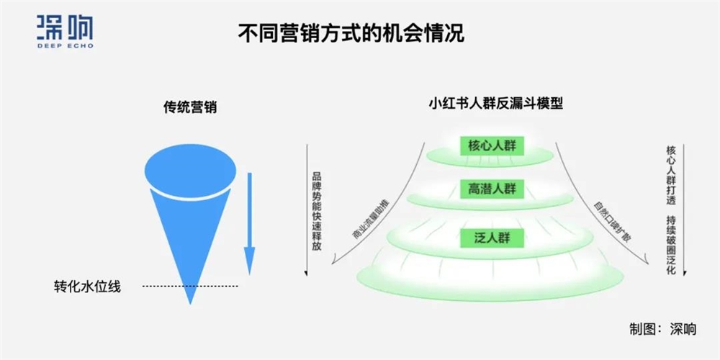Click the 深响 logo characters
64,26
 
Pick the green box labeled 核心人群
492,146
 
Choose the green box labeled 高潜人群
492,189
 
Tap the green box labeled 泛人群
492,236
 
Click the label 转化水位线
87,286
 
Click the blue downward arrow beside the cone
249,223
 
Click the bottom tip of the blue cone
190,299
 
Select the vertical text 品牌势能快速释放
317,211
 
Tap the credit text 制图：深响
663,329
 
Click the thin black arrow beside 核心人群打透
684,209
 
